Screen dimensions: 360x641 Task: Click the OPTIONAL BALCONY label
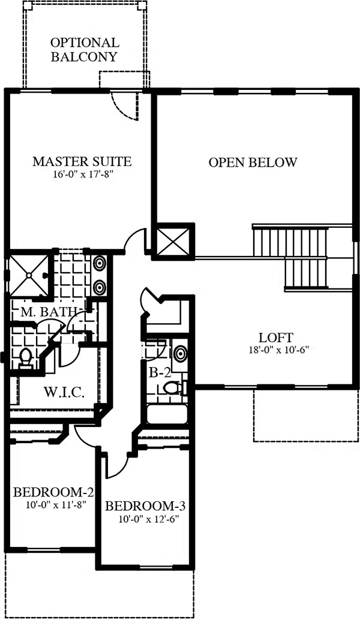[x=85, y=49]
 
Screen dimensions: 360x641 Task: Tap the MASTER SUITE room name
[x=82, y=161]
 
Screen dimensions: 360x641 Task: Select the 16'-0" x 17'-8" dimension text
[x=82, y=174]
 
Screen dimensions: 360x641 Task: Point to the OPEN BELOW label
[x=253, y=162]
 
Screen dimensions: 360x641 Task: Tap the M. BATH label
[x=49, y=312]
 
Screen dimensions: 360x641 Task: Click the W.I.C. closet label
[x=64, y=392]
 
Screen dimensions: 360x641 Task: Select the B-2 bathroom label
[x=158, y=372]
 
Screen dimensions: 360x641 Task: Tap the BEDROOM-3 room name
[x=145, y=506]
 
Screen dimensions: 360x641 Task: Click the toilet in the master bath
[x=25, y=359]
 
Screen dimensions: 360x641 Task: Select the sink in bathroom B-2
[x=180, y=354]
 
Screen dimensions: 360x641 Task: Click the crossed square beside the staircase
[x=173, y=242]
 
